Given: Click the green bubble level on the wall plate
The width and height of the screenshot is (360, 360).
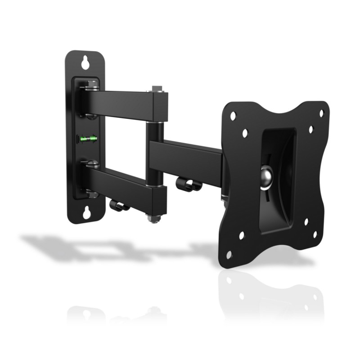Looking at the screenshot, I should (x=88, y=138).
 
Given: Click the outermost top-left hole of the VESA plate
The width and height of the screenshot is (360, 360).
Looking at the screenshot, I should (x=233, y=115).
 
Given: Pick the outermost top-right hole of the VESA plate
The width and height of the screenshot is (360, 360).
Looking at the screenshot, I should (x=321, y=113).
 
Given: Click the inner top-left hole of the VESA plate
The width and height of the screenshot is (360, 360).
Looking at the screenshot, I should (x=245, y=133).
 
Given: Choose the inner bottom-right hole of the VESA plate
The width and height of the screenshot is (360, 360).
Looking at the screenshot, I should (x=306, y=221).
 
